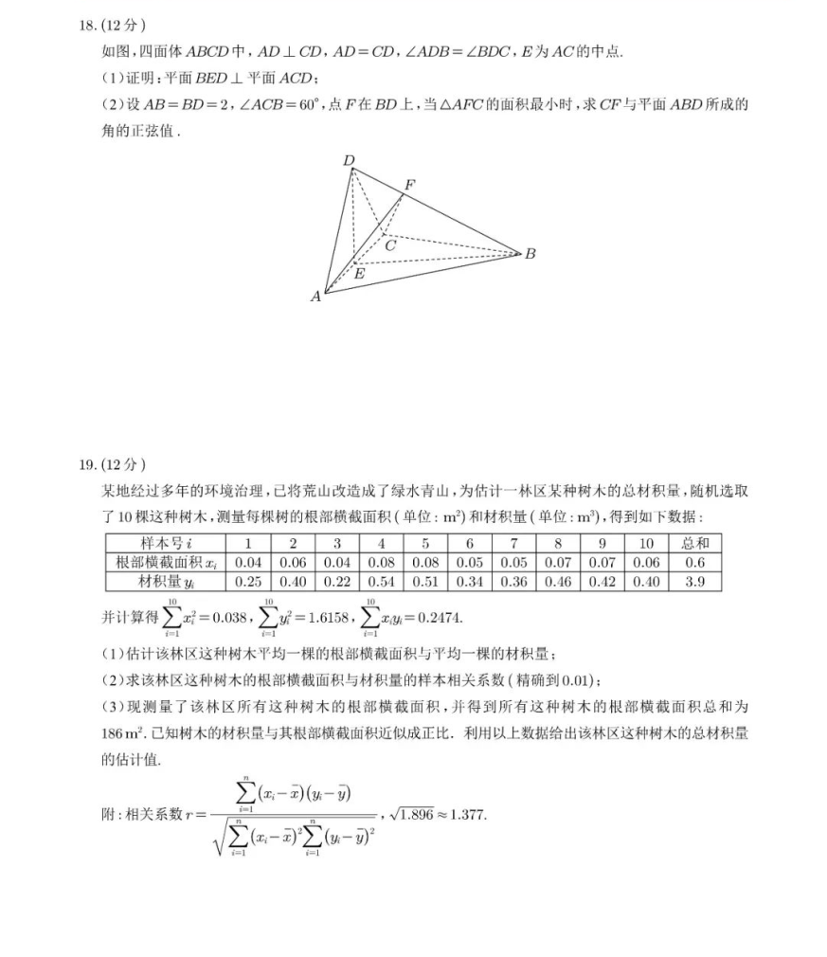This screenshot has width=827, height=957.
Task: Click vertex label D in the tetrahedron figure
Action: pos(349,161)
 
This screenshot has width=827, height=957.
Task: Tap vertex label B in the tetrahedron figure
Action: pos(530,254)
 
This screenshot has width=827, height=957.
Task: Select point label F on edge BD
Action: pos(409,183)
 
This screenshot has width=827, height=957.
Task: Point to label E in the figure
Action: pos(359,273)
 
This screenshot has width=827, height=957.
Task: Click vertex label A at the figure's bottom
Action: pos(316,297)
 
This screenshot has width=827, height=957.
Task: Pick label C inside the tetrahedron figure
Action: pos(389,245)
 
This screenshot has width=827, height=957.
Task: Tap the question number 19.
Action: pos(89,464)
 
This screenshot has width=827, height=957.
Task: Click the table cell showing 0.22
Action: pos(337,582)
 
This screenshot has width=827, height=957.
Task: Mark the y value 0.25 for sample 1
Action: pos(248,582)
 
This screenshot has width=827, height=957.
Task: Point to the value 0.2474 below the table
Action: pos(440,618)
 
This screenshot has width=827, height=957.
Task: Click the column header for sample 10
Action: pos(646,544)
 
